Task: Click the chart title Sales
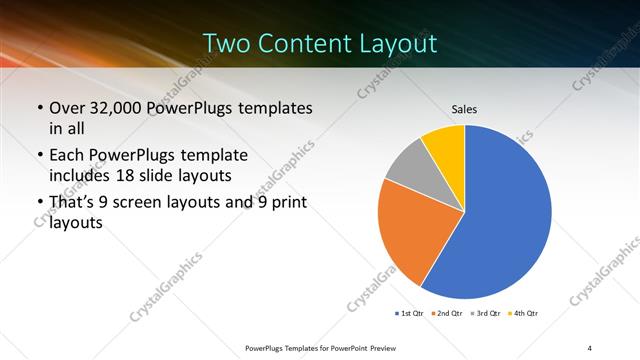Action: (464, 108)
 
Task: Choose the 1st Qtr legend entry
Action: (410, 314)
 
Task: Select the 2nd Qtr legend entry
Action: (446, 314)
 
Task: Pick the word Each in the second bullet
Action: (67, 155)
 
